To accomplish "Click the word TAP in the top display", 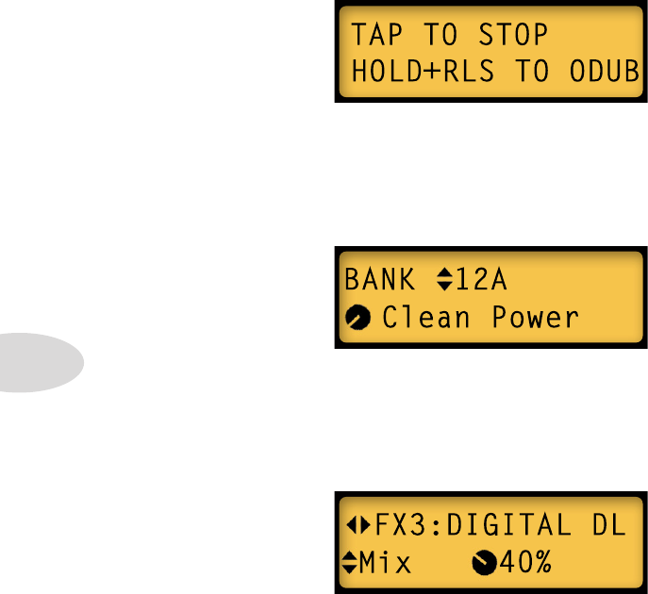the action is pos(376,36).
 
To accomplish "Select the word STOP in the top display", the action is pos(512,36).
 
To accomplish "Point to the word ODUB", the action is pos(605,71).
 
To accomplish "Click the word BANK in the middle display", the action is pos(379,280).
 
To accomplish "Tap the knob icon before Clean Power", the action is pos(357,318).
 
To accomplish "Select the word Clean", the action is pos(425,318).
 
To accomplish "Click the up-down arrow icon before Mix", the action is pos(348,564).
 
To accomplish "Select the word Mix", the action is pos(386,564).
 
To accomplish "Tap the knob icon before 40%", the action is pos(484,564).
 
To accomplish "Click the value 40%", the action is pos(526,564).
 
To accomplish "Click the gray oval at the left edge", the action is pos(38,361).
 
